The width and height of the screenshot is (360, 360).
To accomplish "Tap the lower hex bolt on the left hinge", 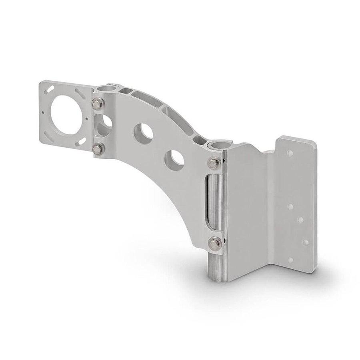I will click(x=97, y=149).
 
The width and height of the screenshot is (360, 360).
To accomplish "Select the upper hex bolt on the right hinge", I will click(x=214, y=163).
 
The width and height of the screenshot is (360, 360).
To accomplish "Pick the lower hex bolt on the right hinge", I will click(x=215, y=242).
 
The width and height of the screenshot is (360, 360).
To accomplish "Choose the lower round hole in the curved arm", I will click(x=176, y=159).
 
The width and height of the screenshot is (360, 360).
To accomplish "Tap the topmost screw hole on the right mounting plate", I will click(x=290, y=153).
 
